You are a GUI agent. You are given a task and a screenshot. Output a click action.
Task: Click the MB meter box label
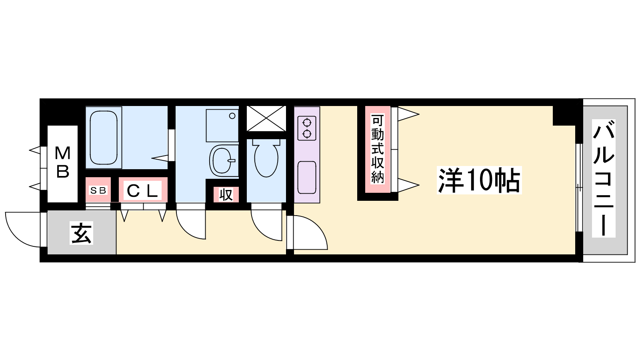[62, 162]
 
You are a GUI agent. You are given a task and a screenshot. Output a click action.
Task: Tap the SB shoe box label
[98, 190]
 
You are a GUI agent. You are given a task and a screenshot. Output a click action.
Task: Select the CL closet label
[142, 190]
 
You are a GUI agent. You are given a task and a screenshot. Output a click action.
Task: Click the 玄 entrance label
[82, 234]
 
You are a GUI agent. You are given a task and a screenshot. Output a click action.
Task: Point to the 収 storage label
[226, 194]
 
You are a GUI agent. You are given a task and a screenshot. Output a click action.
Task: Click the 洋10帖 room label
[479, 180]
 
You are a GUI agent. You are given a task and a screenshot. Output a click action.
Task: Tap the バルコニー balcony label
[604, 178]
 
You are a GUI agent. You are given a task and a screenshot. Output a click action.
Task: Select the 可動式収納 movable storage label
[378, 148]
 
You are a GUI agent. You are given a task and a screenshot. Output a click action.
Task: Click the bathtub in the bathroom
[104, 138]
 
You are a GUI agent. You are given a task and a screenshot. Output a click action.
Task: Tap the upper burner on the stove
[307, 123]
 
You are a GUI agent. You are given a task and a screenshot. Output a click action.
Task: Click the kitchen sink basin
[307, 178]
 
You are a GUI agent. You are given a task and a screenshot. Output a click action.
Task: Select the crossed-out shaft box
[266, 118]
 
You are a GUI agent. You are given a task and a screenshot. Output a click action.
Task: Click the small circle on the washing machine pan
[232, 116]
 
